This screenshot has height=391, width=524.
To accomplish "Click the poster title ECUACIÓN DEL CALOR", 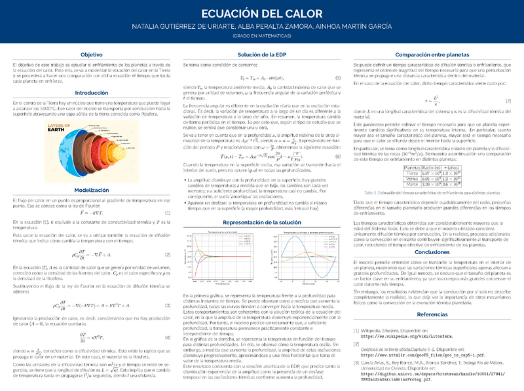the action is point(261,14).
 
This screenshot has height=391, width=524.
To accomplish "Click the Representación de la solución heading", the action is point(261,223).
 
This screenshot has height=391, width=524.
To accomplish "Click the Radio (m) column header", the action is point(430,168).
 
